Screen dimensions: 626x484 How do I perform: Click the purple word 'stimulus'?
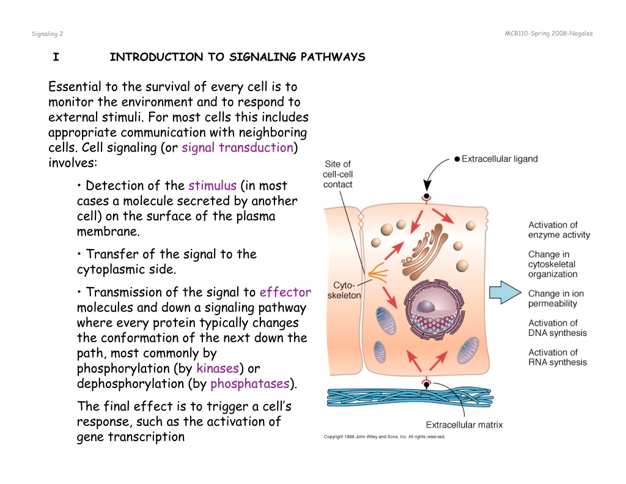coord(212,185)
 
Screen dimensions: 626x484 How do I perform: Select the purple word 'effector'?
coord(285,292)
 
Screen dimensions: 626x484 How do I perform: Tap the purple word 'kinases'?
coord(218,368)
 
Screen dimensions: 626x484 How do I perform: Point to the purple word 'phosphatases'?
coord(250,384)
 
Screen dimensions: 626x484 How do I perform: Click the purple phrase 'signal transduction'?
coord(238,147)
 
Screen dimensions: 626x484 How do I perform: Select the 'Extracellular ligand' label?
coord(499,159)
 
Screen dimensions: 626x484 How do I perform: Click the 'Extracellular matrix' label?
coord(464,425)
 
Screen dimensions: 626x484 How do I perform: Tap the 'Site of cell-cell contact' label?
coord(337,174)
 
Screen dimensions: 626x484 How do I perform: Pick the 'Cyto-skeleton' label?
coord(344,290)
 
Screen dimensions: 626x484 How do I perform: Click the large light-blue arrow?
coord(505,292)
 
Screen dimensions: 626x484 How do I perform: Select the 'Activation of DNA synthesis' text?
coord(558,328)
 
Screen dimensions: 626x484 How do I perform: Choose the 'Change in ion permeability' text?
coord(556,299)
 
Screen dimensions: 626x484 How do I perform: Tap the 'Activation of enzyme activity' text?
coord(559,230)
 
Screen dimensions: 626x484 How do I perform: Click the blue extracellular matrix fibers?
coord(410,397)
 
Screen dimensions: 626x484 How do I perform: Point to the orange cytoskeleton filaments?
coord(378,274)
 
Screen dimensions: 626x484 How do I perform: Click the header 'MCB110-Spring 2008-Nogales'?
coord(548,34)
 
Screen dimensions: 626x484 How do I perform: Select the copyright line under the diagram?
coord(384,437)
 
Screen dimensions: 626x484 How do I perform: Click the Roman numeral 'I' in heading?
coord(56,57)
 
